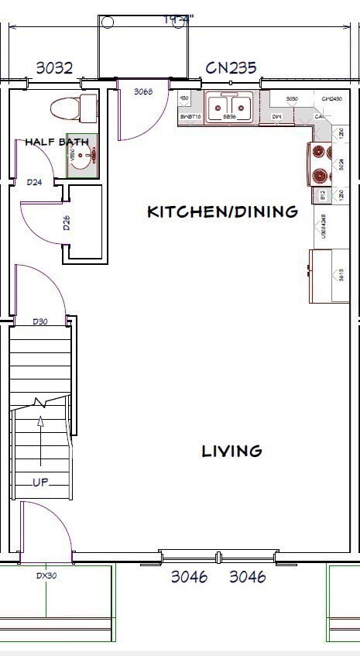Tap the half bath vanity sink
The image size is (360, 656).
[87, 156]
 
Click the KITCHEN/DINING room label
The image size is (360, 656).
[222, 211]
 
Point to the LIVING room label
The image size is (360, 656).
[231, 450]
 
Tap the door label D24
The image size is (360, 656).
[34, 183]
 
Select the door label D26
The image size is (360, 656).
[67, 225]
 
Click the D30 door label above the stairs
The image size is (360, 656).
[40, 321]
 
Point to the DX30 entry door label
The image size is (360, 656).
[47, 575]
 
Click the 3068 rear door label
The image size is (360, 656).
[143, 91]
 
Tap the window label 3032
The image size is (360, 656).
[54, 68]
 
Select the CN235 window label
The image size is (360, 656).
[231, 68]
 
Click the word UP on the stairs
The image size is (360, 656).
[41, 482]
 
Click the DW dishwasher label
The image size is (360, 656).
[276, 118]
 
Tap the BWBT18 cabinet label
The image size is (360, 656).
[190, 118]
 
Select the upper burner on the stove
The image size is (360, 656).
[319, 152]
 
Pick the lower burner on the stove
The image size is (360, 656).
[319, 175]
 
